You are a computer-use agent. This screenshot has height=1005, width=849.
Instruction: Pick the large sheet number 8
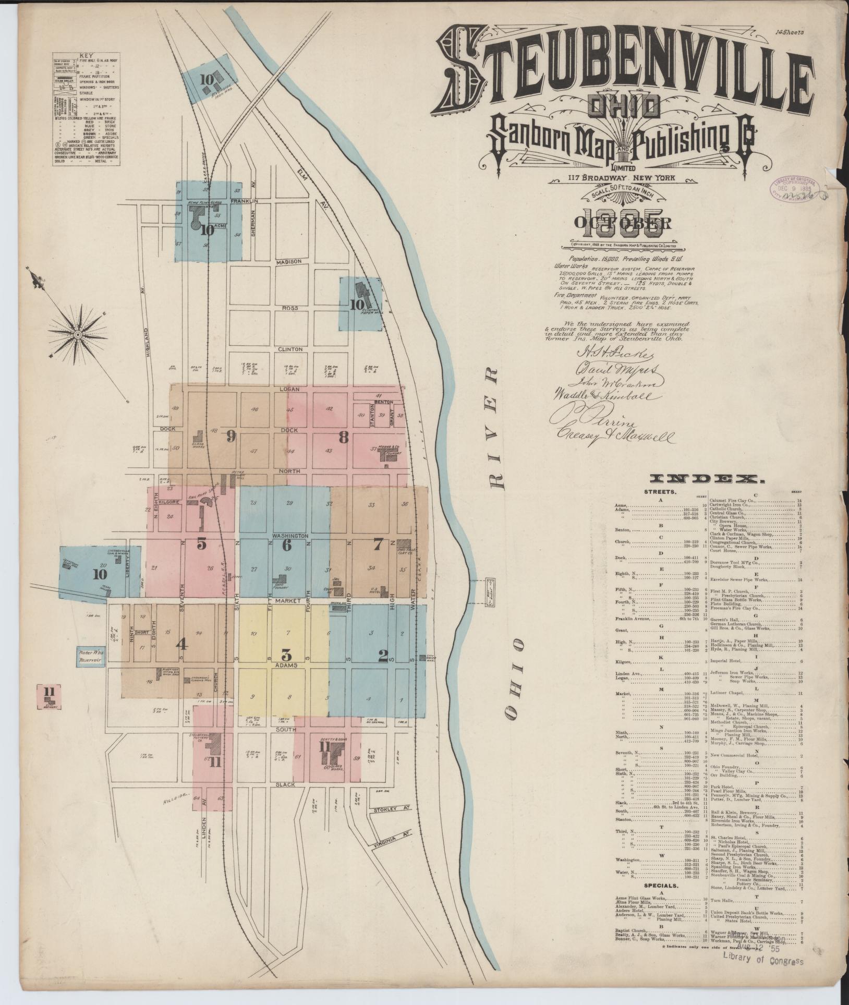[x=343, y=438]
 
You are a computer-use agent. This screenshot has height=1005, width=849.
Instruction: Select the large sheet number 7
[x=378, y=544]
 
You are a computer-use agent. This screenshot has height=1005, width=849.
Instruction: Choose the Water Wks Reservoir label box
[x=90, y=656]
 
